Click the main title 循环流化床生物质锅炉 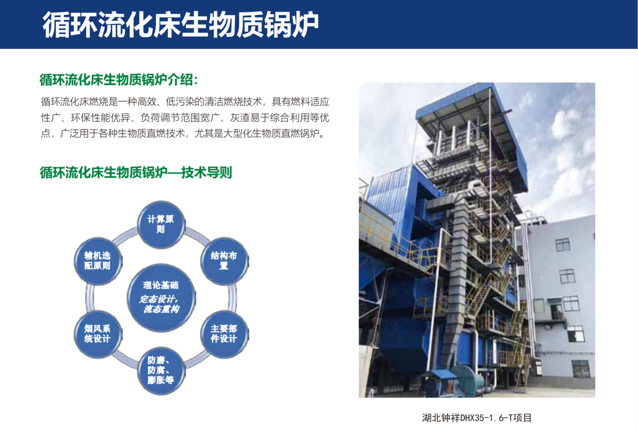pyautogui.click(x=181, y=24)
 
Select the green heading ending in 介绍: pyautogui.click(x=119, y=80)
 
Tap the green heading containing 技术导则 pyautogui.click(x=136, y=172)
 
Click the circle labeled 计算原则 pyautogui.click(x=161, y=224)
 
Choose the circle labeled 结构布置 pyautogui.click(x=224, y=261)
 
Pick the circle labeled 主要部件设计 pyautogui.click(x=224, y=334)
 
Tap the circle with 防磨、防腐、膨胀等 pyautogui.click(x=161, y=370)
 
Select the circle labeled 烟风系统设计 pyautogui.click(x=98, y=334)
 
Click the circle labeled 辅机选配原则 pyautogui.click(x=98, y=261)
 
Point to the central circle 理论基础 pyautogui.click(x=161, y=298)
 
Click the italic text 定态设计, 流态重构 pyautogui.click(x=159, y=304)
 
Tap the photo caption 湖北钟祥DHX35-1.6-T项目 pyautogui.click(x=477, y=417)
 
